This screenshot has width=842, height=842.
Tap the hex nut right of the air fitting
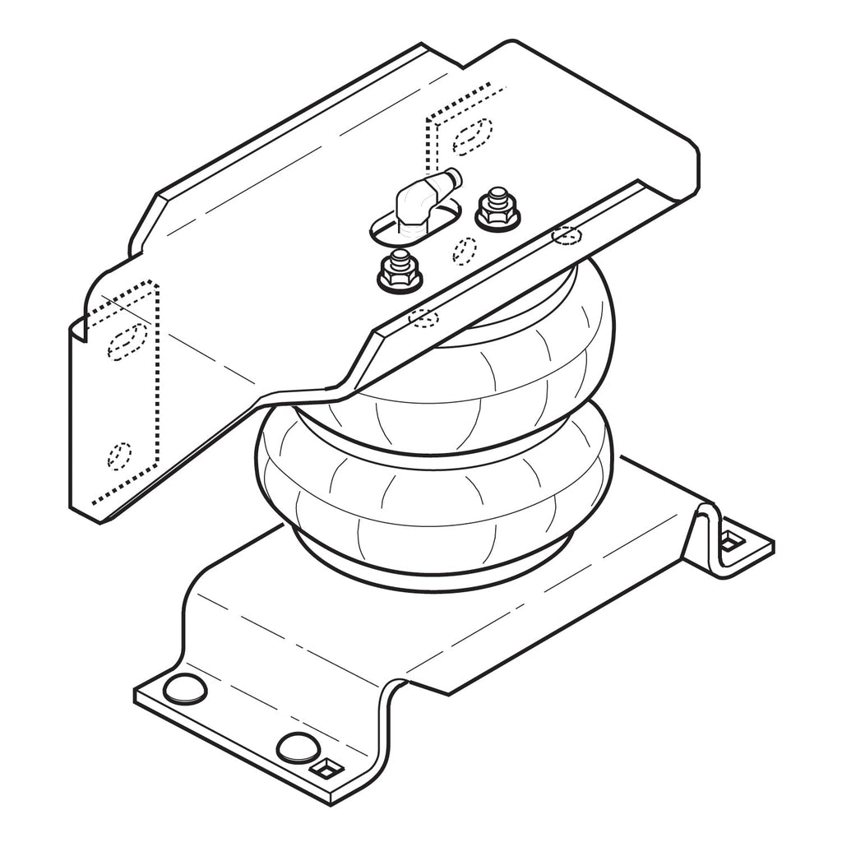pyautogui.click(x=497, y=212)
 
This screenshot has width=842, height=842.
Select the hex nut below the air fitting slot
pyautogui.click(x=400, y=274)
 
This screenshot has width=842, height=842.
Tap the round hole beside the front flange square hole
pyautogui.click(x=297, y=747)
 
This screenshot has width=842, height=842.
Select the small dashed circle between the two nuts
pyautogui.click(x=465, y=250)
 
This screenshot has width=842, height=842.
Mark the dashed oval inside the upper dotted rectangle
pyautogui.click(x=473, y=136)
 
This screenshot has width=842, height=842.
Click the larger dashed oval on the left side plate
pyautogui.click(x=127, y=340)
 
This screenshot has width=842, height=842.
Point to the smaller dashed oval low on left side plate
pyautogui.click(x=119, y=455)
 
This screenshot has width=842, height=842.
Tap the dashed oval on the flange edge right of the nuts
pyautogui.click(x=567, y=236)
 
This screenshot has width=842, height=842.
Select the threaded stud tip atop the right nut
pyautogui.click(x=497, y=196)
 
